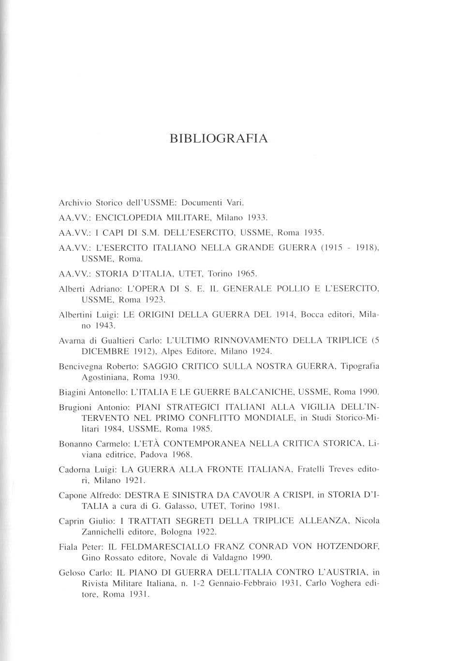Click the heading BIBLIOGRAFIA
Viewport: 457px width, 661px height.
coord(219,139)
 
